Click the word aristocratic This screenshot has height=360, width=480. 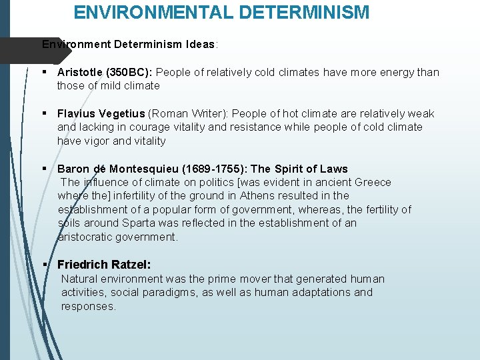point(85,237)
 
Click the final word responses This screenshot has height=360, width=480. point(89,306)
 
